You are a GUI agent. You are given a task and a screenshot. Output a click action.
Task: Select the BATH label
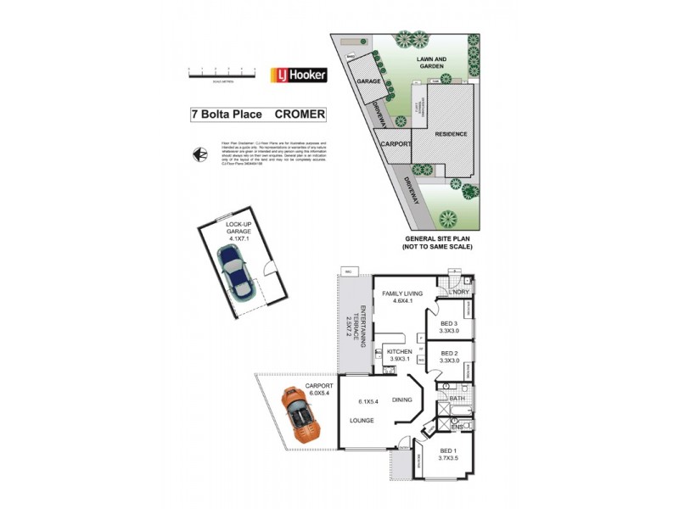456,398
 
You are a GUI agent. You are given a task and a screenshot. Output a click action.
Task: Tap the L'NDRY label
459,293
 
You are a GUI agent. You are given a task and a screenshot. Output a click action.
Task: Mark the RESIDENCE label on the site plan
451,135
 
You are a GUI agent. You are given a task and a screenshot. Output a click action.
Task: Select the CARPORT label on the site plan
396,145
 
